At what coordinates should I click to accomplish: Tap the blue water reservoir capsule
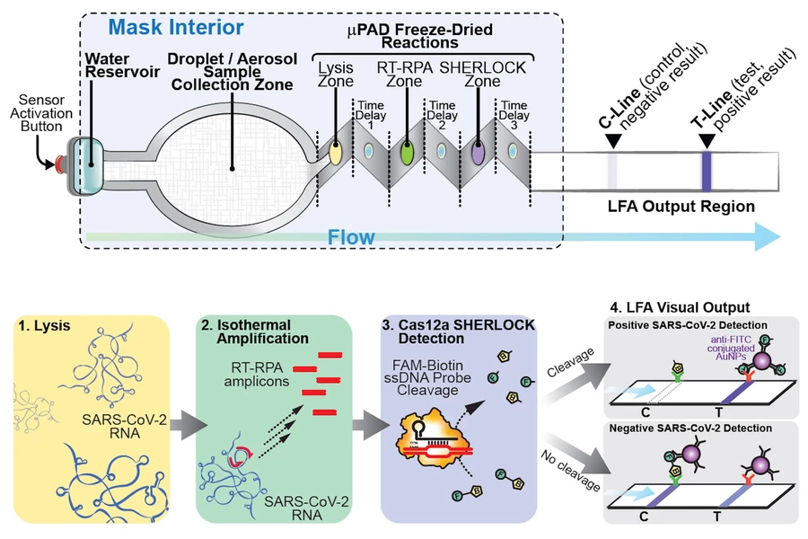90,165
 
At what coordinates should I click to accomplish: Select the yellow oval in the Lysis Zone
334,152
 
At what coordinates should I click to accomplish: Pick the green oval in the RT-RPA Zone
406,152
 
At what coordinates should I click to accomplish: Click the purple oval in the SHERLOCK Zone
478,152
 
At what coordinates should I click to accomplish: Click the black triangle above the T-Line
707,141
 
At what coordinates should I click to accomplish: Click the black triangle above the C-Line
612,141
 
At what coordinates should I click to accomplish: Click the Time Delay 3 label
514,116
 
